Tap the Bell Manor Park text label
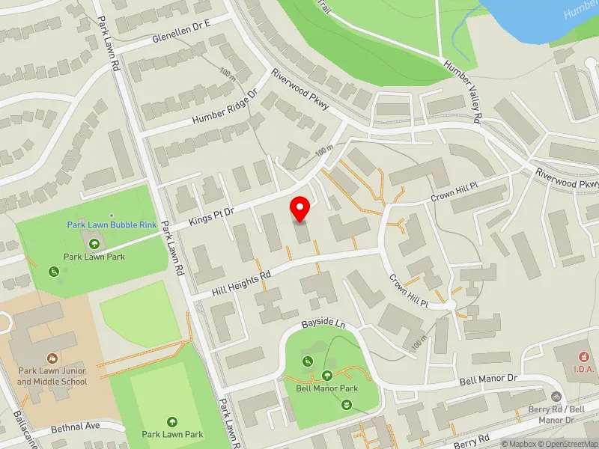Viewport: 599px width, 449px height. pos(326,388)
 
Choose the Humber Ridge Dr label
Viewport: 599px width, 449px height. pos(224,109)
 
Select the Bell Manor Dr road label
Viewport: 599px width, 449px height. pos(491,380)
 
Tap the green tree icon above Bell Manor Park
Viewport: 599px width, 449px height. pos(327,376)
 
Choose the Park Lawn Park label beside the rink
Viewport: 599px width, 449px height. pos(94,257)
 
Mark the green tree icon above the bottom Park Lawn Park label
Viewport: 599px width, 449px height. pos(173,421)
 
